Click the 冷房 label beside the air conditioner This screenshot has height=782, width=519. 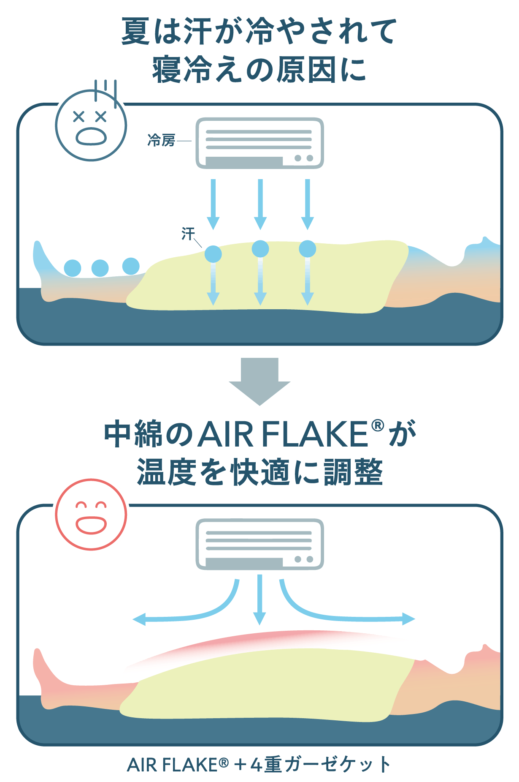tap(161, 140)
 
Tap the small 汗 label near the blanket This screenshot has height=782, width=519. tap(188, 233)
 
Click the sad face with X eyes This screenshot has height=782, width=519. tap(91, 125)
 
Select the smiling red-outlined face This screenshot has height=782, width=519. tap(91, 515)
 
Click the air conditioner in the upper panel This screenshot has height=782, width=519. tap(259, 143)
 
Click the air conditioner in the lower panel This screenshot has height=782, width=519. tap(259, 544)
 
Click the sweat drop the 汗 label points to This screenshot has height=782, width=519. tap(213, 254)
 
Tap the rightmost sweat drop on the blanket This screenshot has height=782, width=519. tap(307, 249)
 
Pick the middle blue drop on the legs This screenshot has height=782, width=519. tap(100, 268)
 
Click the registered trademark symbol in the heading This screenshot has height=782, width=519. tap(377, 425)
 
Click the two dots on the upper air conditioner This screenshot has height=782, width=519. tap(304, 158)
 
